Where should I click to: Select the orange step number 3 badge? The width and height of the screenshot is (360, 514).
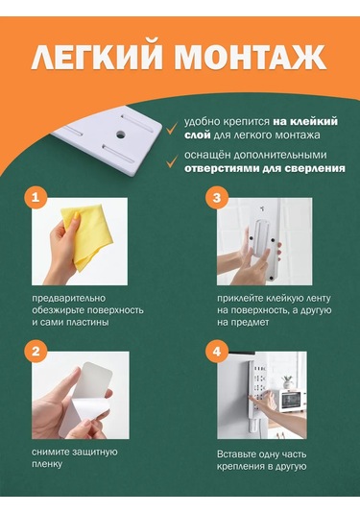[215, 198]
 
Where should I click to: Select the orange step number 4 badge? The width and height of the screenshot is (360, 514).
[215, 352]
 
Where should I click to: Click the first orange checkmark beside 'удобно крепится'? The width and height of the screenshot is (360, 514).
[169, 125]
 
